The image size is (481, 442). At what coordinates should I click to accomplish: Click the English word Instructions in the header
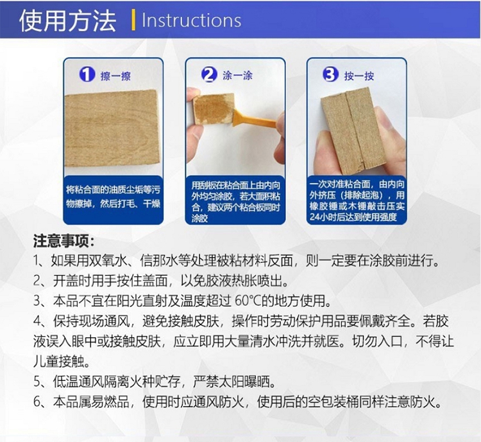tap(191, 21)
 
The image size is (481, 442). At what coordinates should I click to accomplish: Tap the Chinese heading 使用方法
tap(68, 21)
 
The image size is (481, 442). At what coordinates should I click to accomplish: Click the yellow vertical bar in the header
tap(133, 20)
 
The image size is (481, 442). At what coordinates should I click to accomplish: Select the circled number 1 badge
tap(87, 75)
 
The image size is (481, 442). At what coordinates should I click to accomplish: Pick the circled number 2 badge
tap(209, 75)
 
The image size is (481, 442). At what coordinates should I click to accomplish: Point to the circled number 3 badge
tap(330, 75)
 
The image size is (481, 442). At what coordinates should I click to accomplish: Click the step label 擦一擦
tap(115, 76)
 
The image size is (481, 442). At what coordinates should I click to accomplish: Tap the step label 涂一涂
tap(237, 75)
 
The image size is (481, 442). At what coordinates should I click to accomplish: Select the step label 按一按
tap(359, 76)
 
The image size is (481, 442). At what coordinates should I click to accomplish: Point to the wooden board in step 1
tap(112, 128)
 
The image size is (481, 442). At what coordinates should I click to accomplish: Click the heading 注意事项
tap(63, 241)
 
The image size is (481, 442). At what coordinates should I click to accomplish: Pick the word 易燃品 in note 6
tap(110, 402)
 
